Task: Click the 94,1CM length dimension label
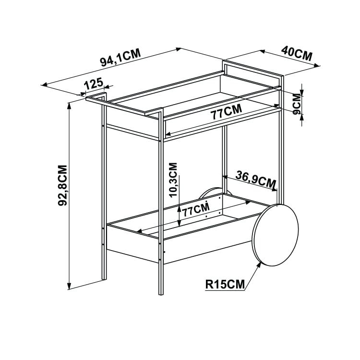[x=120, y=58]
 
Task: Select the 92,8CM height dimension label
[x=62, y=185]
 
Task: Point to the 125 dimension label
[x=93, y=84]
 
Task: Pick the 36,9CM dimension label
[x=256, y=179]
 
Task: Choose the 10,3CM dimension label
[x=173, y=180]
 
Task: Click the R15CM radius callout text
[x=225, y=284]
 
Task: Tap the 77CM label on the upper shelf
[x=227, y=112]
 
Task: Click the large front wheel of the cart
[x=276, y=235]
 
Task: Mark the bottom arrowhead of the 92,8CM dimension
[x=69, y=287]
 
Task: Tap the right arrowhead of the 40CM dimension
[x=317, y=66]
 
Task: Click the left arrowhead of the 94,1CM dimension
[x=44, y=84]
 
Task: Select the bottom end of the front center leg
[x=161, y=294]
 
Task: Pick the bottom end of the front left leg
[x=104, y=279]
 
